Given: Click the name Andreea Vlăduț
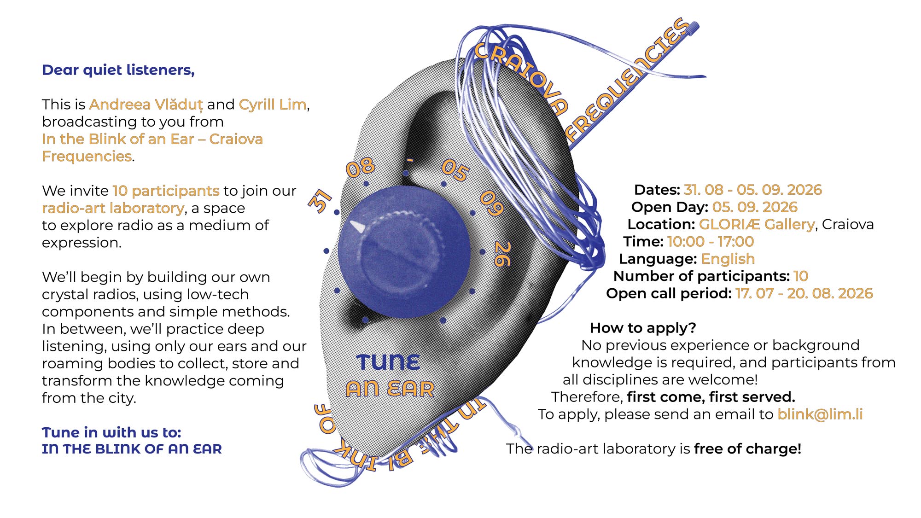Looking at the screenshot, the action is tap(146, 105).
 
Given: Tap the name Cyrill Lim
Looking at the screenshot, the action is tap(273, 105).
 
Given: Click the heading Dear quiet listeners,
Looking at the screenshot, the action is tap(118, 70).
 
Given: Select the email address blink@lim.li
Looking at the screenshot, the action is tap(820, 414).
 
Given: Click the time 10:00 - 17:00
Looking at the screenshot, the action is tap(711, 242).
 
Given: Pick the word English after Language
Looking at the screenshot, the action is tap(728, 259).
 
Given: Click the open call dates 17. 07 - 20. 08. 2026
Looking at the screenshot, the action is tap(804, 294).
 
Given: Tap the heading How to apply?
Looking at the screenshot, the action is tap(643, 328).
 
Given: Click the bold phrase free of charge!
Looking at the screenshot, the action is tap(748, 449).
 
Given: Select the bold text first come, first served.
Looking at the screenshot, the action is tap(711, 397).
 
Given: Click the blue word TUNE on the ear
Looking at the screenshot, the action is tap(388, 362).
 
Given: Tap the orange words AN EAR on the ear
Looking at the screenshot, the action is tap(390, 389).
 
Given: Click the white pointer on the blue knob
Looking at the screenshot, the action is tap(357, 226).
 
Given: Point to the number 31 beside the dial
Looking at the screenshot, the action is tap(320, 201).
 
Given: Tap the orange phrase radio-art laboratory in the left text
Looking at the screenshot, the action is tap(113, 209).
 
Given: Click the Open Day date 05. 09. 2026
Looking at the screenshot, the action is tap(755, 207).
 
